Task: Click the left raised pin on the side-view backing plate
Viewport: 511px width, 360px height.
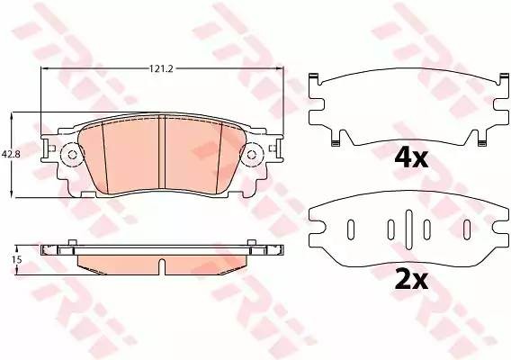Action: point(68,242)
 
